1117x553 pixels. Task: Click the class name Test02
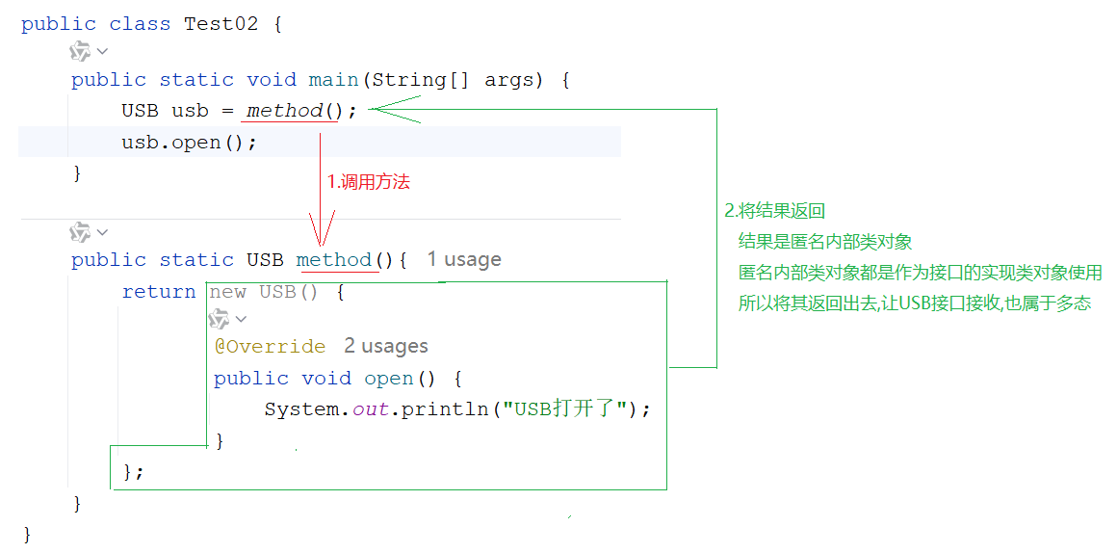click(221, 24)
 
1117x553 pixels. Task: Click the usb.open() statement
click(189, 143)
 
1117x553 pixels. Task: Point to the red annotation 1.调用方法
click(369, 181)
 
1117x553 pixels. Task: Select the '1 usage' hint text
click(464, 259)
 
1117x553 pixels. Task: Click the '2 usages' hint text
click(385, 346)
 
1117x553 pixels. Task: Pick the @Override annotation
click(270, 346)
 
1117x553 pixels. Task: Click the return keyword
click(159, 292)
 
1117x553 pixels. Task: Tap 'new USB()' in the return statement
click(264, 292)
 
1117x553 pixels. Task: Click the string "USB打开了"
click(565, 408)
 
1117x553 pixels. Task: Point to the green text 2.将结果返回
click(774, 211)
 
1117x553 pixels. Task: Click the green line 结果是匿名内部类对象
click(824, 242)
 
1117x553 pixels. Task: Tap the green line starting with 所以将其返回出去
click(914, 303)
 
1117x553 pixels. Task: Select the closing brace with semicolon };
click(133, 472)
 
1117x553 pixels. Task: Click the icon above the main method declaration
click(81, 51)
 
